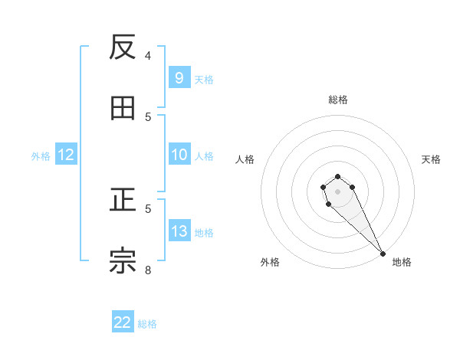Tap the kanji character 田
[x=123, y=109]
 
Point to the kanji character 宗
[x=123, y=261]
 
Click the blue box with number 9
[x=179, y=78]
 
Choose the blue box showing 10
[x=179, y=155]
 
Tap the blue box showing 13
[x=179, y=231]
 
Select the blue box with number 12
[x=66, y=155]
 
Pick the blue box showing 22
[x=123, y=322]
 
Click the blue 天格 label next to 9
[x=204, y=79]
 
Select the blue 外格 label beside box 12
[x=41, y=155]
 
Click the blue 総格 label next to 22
[x=147, y=323]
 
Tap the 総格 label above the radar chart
[x=337, y=100]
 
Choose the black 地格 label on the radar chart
[x=402, y=262]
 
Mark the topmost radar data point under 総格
[x=337, y=177]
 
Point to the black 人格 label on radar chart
[x=245, y=159]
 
